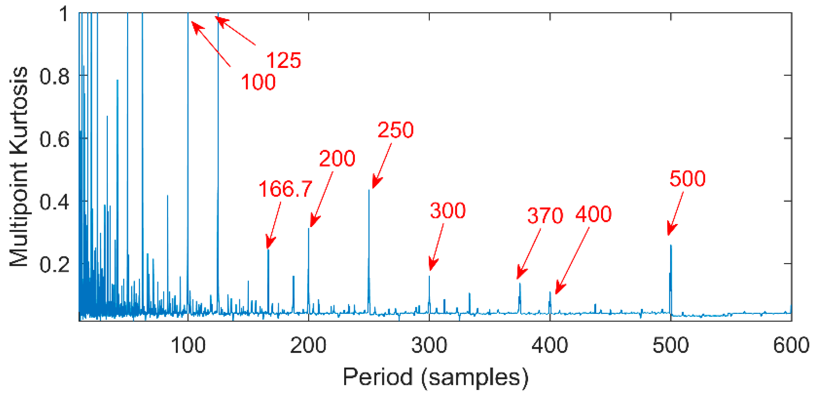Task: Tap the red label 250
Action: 396,130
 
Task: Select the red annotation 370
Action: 545,216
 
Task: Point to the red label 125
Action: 284,60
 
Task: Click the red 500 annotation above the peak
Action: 687,178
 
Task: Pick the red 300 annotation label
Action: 448,211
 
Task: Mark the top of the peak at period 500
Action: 671,246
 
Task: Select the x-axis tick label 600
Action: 791,346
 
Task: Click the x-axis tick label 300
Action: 429,346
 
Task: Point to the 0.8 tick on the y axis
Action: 54,76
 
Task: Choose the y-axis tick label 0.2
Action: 54,265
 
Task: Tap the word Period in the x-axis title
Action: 377,377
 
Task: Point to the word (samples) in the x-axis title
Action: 474,378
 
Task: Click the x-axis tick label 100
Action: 188,346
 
